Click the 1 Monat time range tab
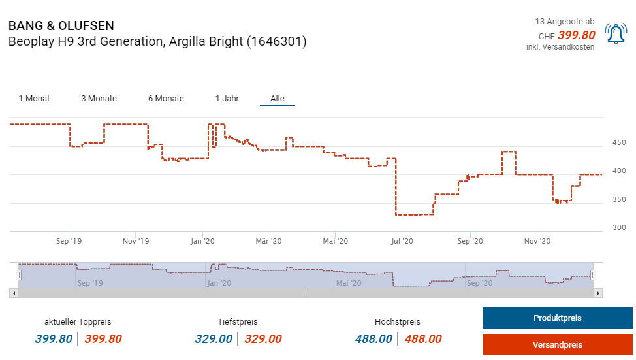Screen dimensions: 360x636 point(34,99)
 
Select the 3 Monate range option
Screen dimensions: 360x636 point(99,99)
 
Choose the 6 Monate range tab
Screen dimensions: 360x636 point(166,99)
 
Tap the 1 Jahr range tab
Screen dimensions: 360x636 point(227,99)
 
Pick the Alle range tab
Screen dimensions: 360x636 point(278,99)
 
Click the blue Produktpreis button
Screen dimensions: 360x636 point(557,318)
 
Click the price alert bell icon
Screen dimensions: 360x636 point(615,34)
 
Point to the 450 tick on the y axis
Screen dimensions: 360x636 point(618,142)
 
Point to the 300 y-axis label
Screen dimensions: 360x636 point(618,227)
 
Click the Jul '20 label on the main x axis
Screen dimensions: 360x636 point(402,241)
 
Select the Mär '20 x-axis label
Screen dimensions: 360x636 point(268,241)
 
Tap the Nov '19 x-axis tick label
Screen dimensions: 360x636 point(135,241)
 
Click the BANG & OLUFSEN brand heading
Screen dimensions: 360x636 point(61,26)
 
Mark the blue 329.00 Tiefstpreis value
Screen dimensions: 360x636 point(214,339)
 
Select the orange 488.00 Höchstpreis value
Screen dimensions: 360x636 point(423,339)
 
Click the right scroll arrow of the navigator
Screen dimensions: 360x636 point(598,293)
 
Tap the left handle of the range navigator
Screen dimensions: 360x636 point(18,275)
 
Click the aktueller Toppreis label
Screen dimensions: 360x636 point(78,322)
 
